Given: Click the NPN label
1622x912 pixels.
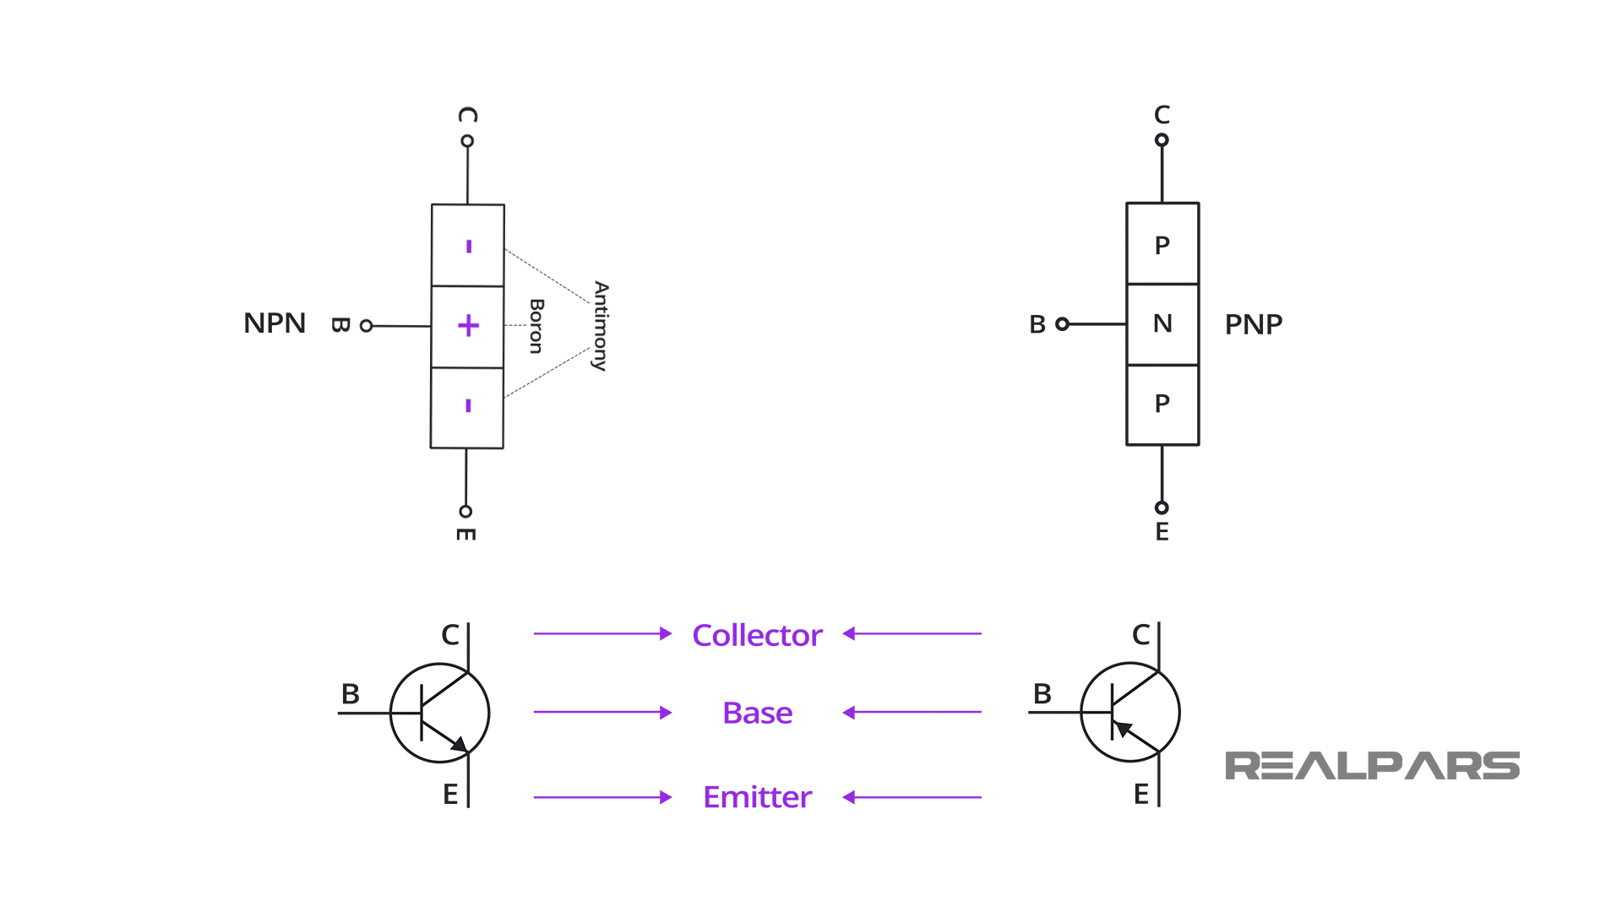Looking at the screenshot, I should point(274,323).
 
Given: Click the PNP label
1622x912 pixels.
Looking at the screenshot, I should point(1253,324).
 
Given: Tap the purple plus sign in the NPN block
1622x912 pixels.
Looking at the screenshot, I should point(468,326).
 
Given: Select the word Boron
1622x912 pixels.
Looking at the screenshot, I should point(536,326).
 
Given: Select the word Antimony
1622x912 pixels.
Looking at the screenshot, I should point(601,326).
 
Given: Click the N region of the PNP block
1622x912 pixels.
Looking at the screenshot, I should point(1162,323).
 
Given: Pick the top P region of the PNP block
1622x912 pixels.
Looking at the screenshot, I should point(1162,245).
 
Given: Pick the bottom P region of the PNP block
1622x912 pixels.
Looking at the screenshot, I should point(1162,404).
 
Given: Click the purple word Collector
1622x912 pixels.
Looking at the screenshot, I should point(757,635).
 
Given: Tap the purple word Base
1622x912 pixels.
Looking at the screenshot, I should point(757,714).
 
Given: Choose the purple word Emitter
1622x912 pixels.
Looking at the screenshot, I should point(757,797).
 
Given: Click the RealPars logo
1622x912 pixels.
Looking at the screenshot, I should point(1372,766).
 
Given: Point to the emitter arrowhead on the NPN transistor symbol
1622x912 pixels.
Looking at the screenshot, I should point(459,744).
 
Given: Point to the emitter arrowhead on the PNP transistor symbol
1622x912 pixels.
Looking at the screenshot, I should point(1122,728).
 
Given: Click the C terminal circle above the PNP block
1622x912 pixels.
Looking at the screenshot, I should point(1162,140).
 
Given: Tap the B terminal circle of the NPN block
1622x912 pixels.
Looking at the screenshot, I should point(366,326).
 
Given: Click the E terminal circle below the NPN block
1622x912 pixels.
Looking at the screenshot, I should point(465,512).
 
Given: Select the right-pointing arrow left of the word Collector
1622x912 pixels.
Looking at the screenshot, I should point(602,633).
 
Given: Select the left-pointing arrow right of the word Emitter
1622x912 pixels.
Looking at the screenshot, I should point(912,797).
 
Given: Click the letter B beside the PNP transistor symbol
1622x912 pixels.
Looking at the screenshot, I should point(1042,694).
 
